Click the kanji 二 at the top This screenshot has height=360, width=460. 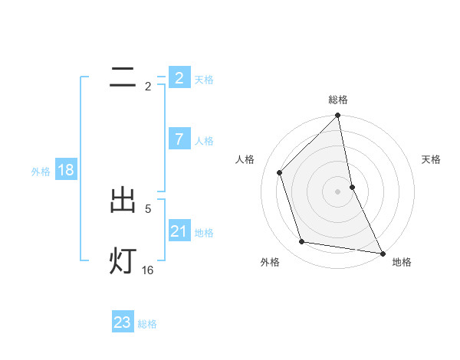(x=123, y=77)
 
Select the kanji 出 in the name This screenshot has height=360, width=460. (x=123, y=201)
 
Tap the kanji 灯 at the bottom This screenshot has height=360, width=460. (x=123, y=260)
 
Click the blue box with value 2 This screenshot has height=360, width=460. (x=179, y=78)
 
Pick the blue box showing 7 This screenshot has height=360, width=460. (x=179, y=139)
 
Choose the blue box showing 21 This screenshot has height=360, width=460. (x=179, y=231)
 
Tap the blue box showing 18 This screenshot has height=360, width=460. (x=66, y=170)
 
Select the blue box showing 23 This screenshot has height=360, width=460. (x=123, y=322)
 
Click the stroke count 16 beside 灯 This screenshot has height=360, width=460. (x=148, y=270)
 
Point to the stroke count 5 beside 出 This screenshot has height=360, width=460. (x=148, y=208)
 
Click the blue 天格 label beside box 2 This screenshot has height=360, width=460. (x=204, y=79)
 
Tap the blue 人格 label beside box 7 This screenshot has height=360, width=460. (x=204, y=140)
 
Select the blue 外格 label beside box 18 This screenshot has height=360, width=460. (x=41, y=171)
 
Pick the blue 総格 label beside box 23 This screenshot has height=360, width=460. (x=147, y=323)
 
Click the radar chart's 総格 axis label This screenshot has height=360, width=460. (x=338, y=100)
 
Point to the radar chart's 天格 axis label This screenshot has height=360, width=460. (x=431, y=159)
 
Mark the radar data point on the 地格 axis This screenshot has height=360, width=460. (x=382, y=253)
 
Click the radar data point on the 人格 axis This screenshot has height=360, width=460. (x=280, y=172)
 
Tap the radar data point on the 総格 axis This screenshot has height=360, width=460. (x=338, y=116)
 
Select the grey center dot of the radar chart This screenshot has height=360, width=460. (x=338, y=191)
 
